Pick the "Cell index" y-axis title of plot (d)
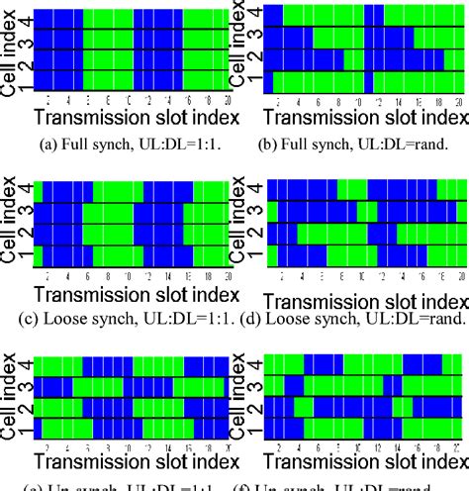tap(240, 224)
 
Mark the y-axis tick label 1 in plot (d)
tap(259, 257)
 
